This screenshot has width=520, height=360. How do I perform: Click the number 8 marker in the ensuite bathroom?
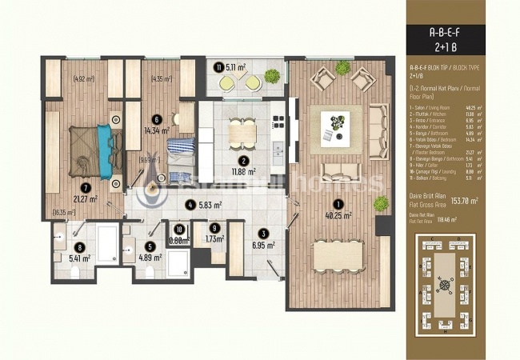tap(80, 248)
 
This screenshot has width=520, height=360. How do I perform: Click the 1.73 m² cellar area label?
tap(214, 239)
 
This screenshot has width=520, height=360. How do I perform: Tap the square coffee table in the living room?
tap(336, 124)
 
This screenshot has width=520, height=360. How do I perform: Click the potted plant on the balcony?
tap(272, 76)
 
